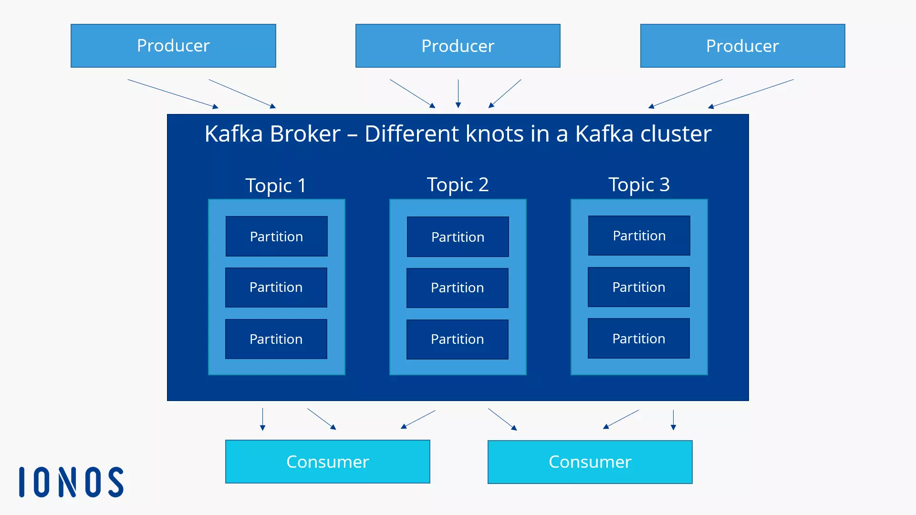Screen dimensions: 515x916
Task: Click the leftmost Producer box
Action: tap(173, 46)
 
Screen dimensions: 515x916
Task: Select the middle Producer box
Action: tap(458, 46)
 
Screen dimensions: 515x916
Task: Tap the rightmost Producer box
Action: tap(742, 46)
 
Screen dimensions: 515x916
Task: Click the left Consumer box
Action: tap(327, 462)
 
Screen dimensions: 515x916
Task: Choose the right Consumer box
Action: tap(590, 462)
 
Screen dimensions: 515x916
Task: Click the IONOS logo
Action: tap(72, 482)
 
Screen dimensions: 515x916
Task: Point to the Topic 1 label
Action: tap(276, 185)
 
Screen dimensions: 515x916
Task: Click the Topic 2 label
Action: tap(458, 185)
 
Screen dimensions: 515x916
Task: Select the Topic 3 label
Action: tap(639, 185)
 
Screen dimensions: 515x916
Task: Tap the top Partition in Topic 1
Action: tap(276, 237)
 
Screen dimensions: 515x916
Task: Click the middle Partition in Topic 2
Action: tap(457, 288)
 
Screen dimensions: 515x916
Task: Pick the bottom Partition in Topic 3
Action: tap(638, 339)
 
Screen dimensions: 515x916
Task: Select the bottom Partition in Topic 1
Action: tap(276, 339)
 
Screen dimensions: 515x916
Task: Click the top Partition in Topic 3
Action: tap(639, 236)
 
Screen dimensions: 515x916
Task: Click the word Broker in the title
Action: tap(305, 134)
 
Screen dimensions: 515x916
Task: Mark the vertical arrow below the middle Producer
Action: tap(458, 93)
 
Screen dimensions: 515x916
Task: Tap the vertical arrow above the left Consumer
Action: tap(262, 419)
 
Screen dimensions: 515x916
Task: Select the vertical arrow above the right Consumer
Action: tap(673, 420)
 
